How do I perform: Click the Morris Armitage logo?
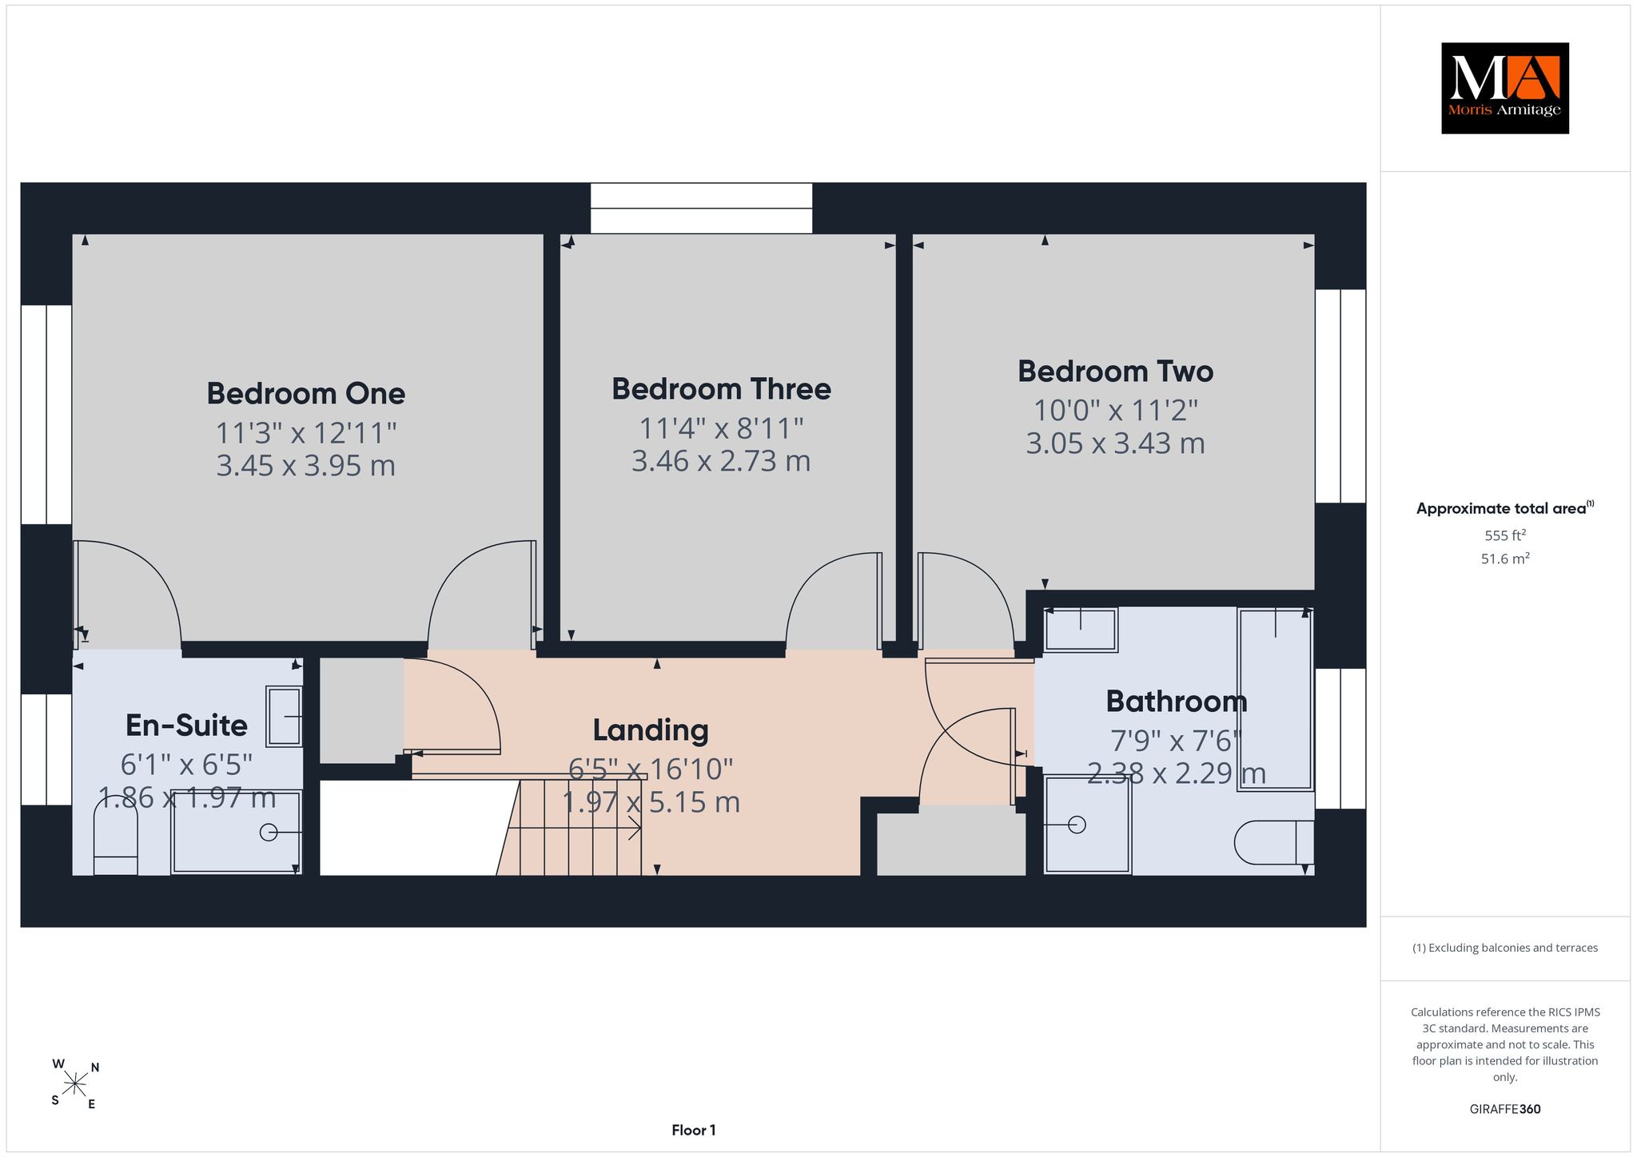pos(1504,88)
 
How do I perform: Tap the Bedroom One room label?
pos(306,393)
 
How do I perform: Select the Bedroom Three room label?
pos(721,389)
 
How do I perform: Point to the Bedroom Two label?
pos(1115,372)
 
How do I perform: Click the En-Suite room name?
pos(186,726)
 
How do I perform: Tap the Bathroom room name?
pos(1177,702)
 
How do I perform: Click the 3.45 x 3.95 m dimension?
pos(306,466)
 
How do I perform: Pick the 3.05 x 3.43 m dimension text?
pos(1115,443)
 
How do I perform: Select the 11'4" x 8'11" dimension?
pos(721,429)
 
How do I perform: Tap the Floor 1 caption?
pos(694,1131)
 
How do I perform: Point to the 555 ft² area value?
pos(1505,535)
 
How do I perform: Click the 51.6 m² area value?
pos(1505,559)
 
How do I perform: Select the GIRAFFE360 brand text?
pos(1505,1109)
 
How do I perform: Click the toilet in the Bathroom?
pos(1274,842)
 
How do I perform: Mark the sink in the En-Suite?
pos(284,717)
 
